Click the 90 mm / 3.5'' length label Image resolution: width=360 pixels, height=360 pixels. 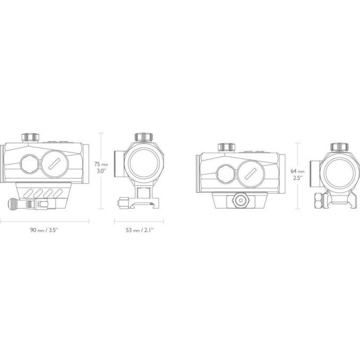point(45,230)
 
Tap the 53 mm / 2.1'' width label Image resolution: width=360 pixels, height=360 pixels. point(140,230)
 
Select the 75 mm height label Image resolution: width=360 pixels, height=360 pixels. point(101,164)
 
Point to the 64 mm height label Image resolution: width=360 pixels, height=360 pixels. point(297,171)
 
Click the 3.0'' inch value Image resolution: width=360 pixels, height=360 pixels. point(101,171)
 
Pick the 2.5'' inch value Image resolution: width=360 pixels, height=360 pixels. point(297,178)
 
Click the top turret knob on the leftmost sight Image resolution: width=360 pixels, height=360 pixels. point(30,138)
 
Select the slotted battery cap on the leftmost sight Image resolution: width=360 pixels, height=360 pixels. point(54,164)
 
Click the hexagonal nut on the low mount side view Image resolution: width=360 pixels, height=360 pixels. point(241,200)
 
